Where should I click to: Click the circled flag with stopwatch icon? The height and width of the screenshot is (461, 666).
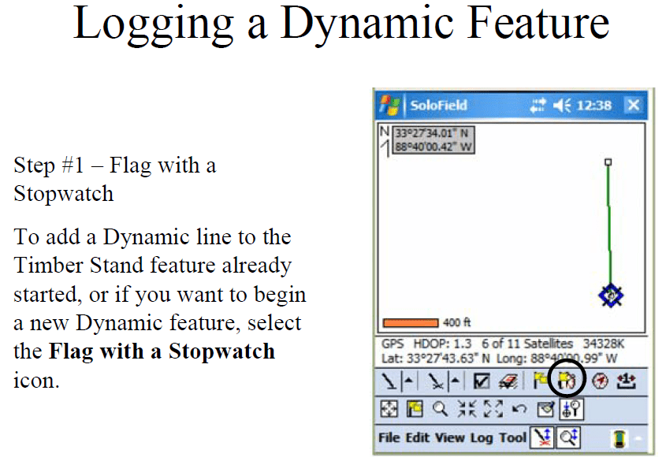(x=567, y=380)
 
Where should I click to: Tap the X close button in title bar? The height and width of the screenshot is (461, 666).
(x=634, y=105)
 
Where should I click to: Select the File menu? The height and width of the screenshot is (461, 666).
(x=389, y=437)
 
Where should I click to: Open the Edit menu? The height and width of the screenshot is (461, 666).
(x=417, y=437)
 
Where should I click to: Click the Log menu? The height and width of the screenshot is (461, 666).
(x=482, y=438)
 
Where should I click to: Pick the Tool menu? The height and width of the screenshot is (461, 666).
(x=512, y=437)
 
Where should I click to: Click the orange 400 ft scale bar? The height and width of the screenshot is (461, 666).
(x=411, y=323)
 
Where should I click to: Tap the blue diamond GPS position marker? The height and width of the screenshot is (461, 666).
(x=611, y=296)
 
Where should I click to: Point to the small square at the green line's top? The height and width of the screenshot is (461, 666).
(x=608, y=162)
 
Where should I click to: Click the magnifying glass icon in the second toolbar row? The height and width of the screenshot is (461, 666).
(x=440, y=409)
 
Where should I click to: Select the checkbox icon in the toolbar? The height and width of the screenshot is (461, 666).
(x=482, y=381)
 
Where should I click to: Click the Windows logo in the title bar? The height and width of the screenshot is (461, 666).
(x=390, y=105)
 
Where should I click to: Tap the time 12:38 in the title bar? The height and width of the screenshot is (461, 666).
(x=593, y=106)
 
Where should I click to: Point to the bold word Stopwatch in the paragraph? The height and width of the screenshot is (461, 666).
(x=221, y=351)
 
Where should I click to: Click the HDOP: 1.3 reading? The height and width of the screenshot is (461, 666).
(x=442, y=344)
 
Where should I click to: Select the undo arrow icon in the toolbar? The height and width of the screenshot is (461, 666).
(x=519, y=409)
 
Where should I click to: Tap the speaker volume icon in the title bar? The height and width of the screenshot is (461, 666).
(x=562, y=105)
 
